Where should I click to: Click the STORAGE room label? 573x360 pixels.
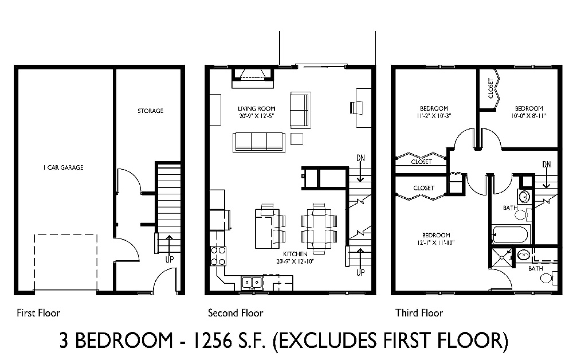[x=150, y=111]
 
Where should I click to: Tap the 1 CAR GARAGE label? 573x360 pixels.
[x=63, y=167]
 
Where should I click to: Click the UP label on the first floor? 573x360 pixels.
[x=170, y=260]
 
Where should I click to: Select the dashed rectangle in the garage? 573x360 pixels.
[x=65, y=262]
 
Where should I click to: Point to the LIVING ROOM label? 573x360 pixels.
[x=256, y=108]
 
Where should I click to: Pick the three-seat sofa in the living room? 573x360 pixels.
[x=259, y=142]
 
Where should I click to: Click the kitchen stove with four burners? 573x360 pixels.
[x=218, y=256]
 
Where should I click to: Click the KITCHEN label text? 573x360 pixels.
[x=295, y=253]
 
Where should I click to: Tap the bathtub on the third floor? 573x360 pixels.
[x=511, y=234]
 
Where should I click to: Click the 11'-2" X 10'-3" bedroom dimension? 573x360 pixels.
[x=434, y=115]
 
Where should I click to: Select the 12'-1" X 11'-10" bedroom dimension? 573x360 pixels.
[x=436, y=242]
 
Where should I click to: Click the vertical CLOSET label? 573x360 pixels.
[x=490, y=88]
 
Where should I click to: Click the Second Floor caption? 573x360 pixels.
[x=235, y=313]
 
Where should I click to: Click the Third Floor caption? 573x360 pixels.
[x=419, y=313]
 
